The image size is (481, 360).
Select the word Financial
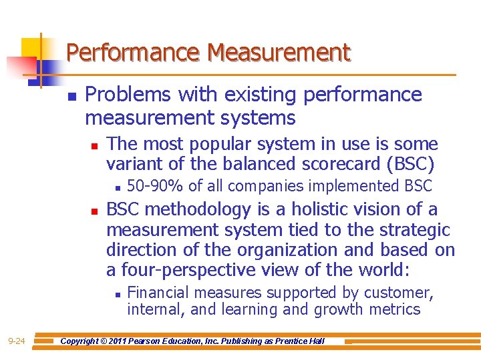pos(155,293)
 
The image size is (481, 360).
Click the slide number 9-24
pos(17,341)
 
